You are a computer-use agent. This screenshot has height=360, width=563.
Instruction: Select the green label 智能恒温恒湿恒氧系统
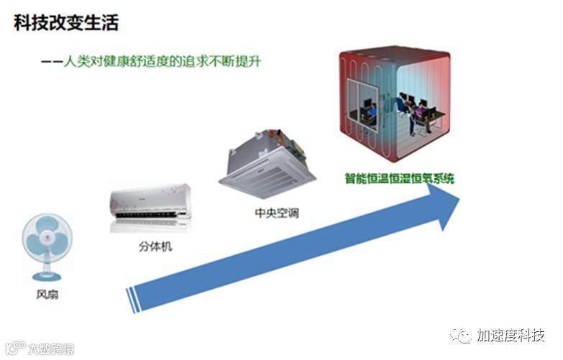(398, 177)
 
